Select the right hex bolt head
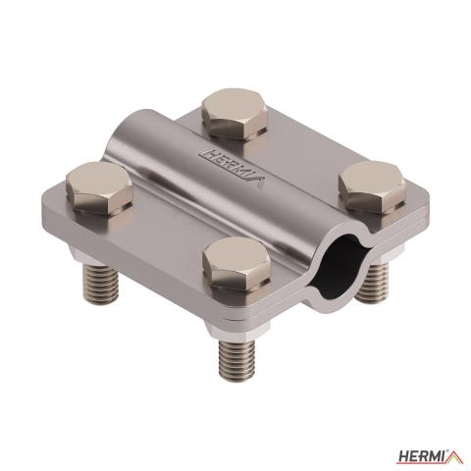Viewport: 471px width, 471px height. (372, 187)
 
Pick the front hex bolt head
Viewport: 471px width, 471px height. (236, 264)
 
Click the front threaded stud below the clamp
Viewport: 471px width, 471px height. (237, 360)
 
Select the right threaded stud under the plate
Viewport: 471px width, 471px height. (372, 283)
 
